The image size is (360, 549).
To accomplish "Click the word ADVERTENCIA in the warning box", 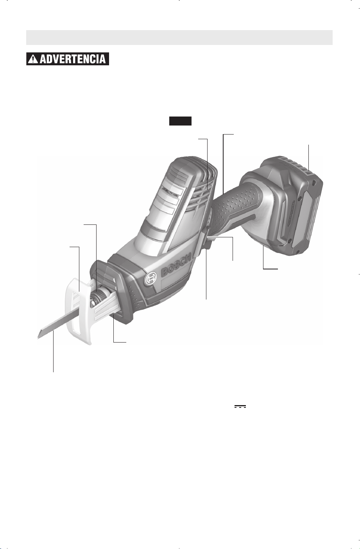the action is (x=72, y=59).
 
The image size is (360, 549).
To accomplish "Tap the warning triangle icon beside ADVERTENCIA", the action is (x=33, y=59).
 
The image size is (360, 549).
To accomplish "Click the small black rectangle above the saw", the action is (x=180, y=121).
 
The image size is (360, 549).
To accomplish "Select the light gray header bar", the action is (x=179, y=38).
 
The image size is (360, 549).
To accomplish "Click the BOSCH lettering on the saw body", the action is (x=176, y=264).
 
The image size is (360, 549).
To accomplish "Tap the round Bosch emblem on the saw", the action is (x=151, y=279).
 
